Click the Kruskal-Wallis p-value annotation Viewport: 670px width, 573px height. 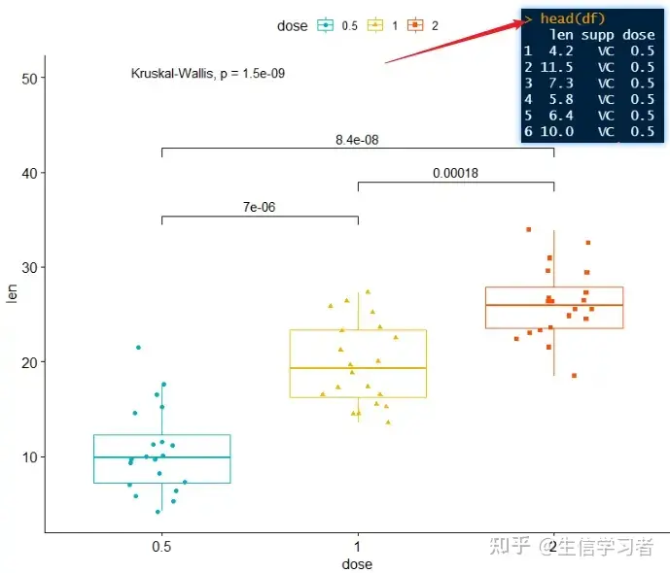[207, 73]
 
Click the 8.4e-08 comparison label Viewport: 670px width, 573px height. [357, 140]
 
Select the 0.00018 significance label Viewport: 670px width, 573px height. [455, 174]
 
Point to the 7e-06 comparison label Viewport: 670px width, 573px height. [260, 208]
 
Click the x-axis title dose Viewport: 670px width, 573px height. [357, 563]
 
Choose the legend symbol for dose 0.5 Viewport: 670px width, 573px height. [326, 26]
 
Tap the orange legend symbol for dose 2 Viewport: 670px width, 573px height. [415, 26]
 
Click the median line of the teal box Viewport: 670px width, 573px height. [162, 456]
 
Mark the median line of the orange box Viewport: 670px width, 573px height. [553, 305]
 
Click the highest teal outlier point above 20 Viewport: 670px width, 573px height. [139, 347]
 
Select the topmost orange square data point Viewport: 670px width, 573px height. [528, 229]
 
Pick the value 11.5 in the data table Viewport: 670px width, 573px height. [555, 67]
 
